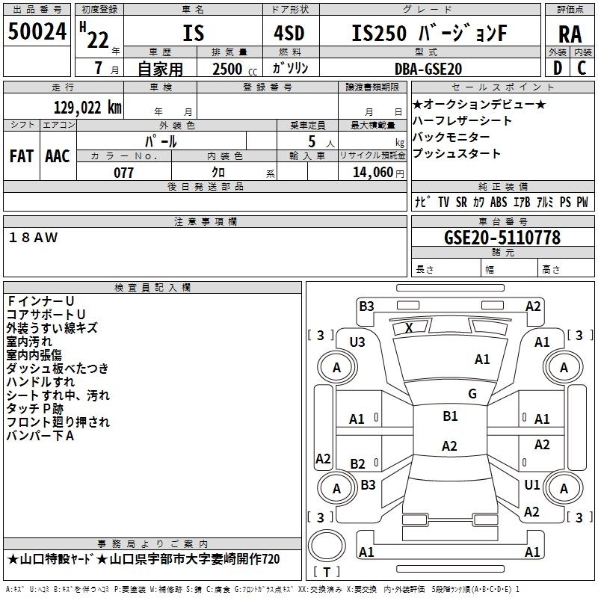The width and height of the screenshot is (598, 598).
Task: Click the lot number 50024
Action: pyautogui.click(x=37, y=31)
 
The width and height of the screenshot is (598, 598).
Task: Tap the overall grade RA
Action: pyautogui.click(x=570, y=34)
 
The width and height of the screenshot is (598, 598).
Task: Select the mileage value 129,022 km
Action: pyautogui.click(x=87, y=108)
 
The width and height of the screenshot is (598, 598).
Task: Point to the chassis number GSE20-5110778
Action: pyautogui.click(x=502, y=238)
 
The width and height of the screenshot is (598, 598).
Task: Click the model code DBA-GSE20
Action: pyautogui.click(x=428, y=69)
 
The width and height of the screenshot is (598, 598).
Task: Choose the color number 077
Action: pyautogui.click(x=123, y=173)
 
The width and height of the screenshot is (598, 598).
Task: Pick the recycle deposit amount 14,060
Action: pyautogui.click(x=372, y=173)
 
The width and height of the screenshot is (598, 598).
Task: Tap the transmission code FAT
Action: pyautogui.click(x=22, y=156)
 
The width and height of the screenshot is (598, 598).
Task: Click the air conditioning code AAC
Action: pyautogui.click(x=58, y=156)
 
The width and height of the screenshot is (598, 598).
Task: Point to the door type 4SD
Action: pyautogui.click(x=289, y=33)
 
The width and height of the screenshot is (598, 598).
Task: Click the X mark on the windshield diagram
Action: pyautogui.click(x=409, y=327)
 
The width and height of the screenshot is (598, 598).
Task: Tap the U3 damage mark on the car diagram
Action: pyautogui.click(x=357, y=342)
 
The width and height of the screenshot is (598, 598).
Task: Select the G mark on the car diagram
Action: pyautogui.click(x=472, y=393)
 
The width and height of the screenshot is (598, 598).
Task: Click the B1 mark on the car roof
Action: pyautogui.click(x=450, y=416)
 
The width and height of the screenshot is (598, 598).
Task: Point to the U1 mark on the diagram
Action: pyautogui.click(x=532, y=484)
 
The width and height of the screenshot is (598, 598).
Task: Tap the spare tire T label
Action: pyautogui.click(x=327, y=572)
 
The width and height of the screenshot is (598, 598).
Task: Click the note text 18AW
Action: pyautogui.click(x=33, y=238)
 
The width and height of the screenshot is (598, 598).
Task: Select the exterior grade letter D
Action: pyautogui.click(x=558, y=68)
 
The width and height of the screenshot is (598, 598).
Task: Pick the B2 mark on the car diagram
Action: pyautogui.click(x=357, y=463)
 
